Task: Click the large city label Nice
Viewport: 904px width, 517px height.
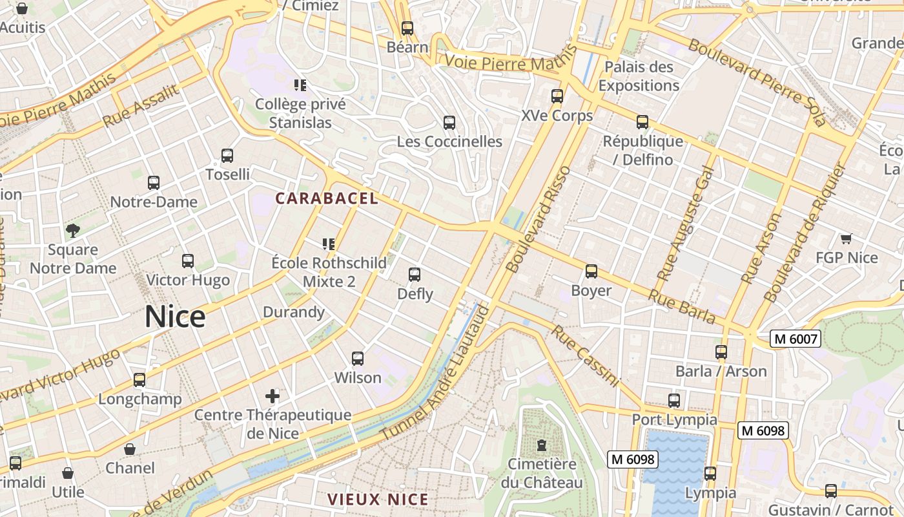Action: [175, 317]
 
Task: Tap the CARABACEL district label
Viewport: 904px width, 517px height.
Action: [327, 198]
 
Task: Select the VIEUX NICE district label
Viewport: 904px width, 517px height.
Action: [378, 499]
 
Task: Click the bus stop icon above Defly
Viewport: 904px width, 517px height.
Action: [415, 275]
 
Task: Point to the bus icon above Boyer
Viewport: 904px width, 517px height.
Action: [591, 271]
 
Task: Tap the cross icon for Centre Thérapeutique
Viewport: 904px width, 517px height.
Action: [272, 396]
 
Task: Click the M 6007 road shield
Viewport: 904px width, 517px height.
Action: [795, 339]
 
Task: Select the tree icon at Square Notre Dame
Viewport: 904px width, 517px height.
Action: [73, 230]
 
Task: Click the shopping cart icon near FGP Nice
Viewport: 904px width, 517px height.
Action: [846, 238]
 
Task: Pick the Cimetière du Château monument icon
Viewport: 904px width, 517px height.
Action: [541, 445]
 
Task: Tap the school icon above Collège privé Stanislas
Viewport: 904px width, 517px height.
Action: [300, 85]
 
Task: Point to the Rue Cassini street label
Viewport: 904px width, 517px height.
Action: [586, 356]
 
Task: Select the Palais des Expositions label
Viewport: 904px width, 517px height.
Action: [639, 76]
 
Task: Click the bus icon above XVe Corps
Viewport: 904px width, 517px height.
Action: [557, 96]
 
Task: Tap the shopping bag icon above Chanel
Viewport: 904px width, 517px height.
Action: [130, 448]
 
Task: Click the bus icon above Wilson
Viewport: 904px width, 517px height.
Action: [357, 358]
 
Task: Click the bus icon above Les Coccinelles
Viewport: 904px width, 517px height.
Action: [449, 122]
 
